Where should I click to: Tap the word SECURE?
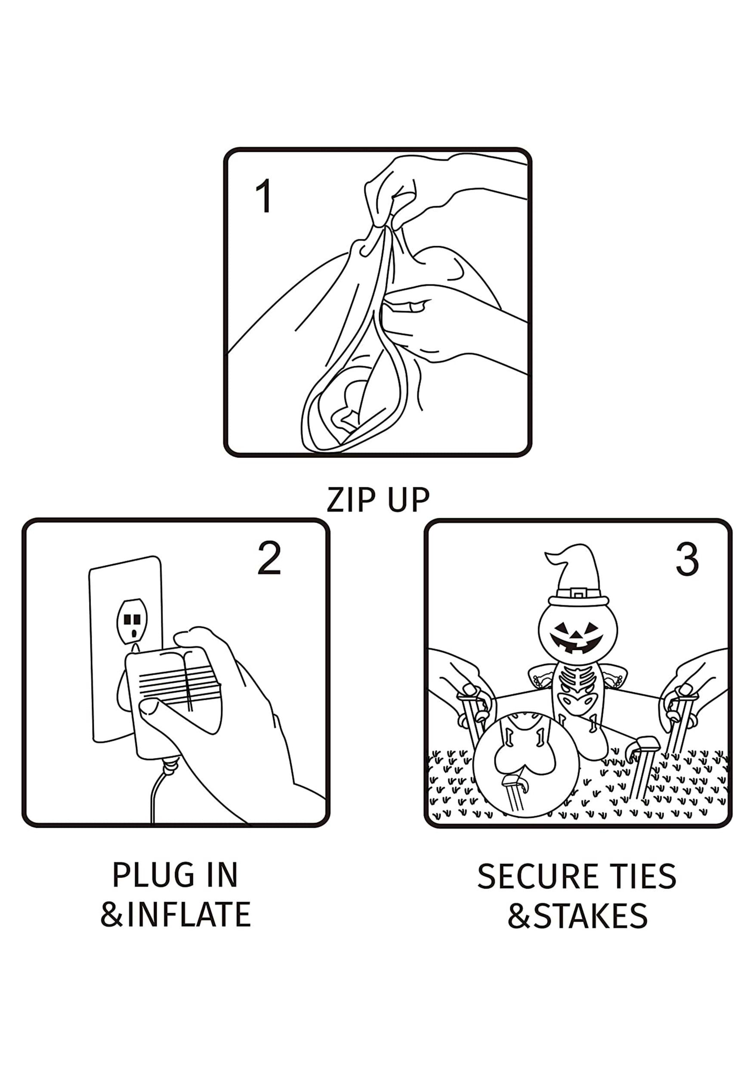pos(533,876)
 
